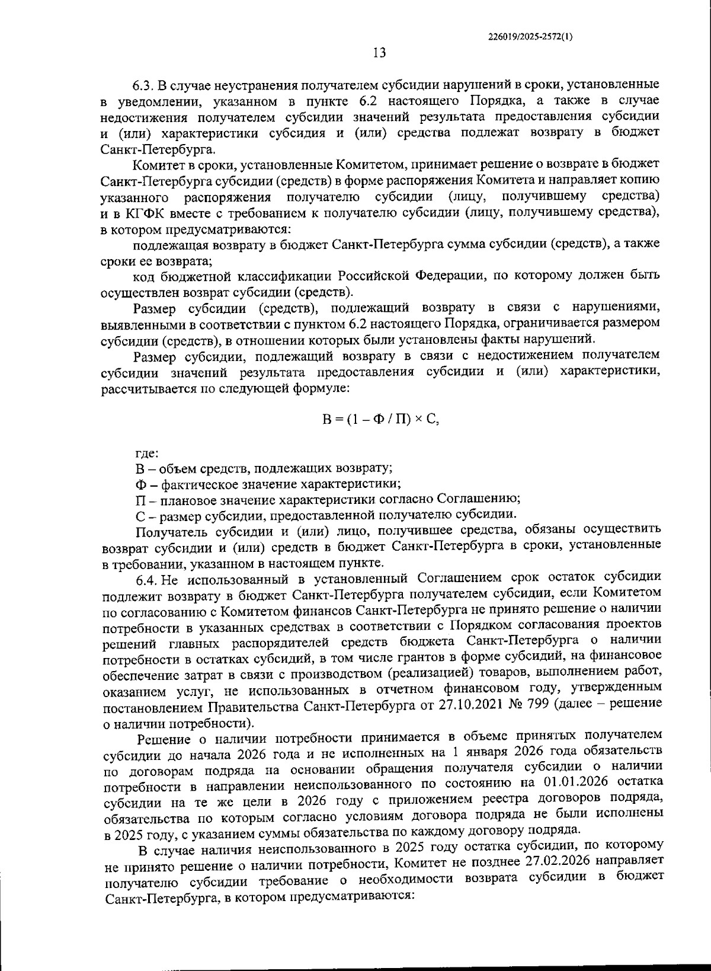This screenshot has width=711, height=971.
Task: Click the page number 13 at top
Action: [x=380, y=53]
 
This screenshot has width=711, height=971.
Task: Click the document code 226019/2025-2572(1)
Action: [x=530, y=36]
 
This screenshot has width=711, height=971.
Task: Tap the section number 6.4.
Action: [x=148, y=577]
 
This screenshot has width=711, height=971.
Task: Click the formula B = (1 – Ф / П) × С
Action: [x=380, y=419]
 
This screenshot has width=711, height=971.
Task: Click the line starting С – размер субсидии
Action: [x=326, y=514]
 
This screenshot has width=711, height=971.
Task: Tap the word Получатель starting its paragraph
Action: [x=169, y=530]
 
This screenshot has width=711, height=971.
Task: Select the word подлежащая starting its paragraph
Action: [x=166, y=244]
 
